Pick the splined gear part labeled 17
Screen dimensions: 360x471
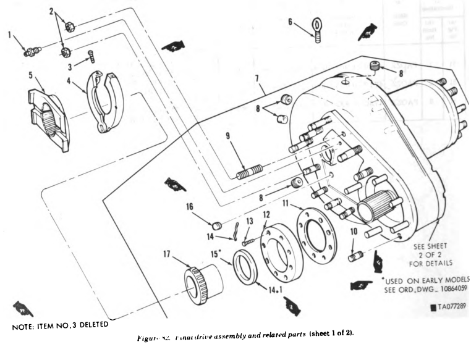click(x=202, y=286)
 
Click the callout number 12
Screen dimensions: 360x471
click(x=266, y=215)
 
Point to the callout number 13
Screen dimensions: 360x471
click(x=250, y=221)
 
